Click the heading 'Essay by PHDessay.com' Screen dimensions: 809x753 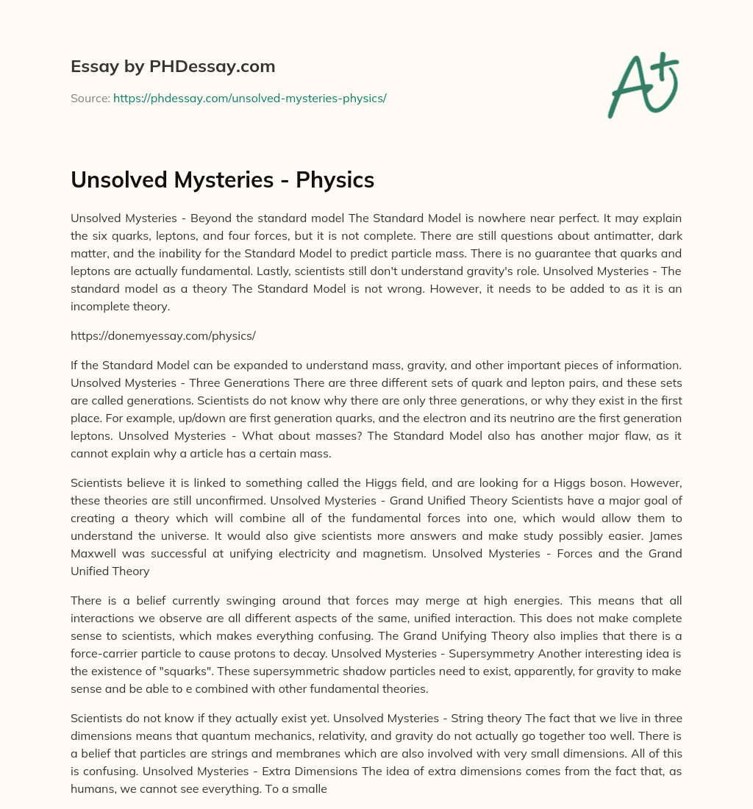pos(173,67)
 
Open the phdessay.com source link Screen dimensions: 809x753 pos(249,98)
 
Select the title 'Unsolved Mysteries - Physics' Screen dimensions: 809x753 pos(222,180)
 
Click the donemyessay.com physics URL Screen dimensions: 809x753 pos(163,335)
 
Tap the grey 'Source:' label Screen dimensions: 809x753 pos(90,98)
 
